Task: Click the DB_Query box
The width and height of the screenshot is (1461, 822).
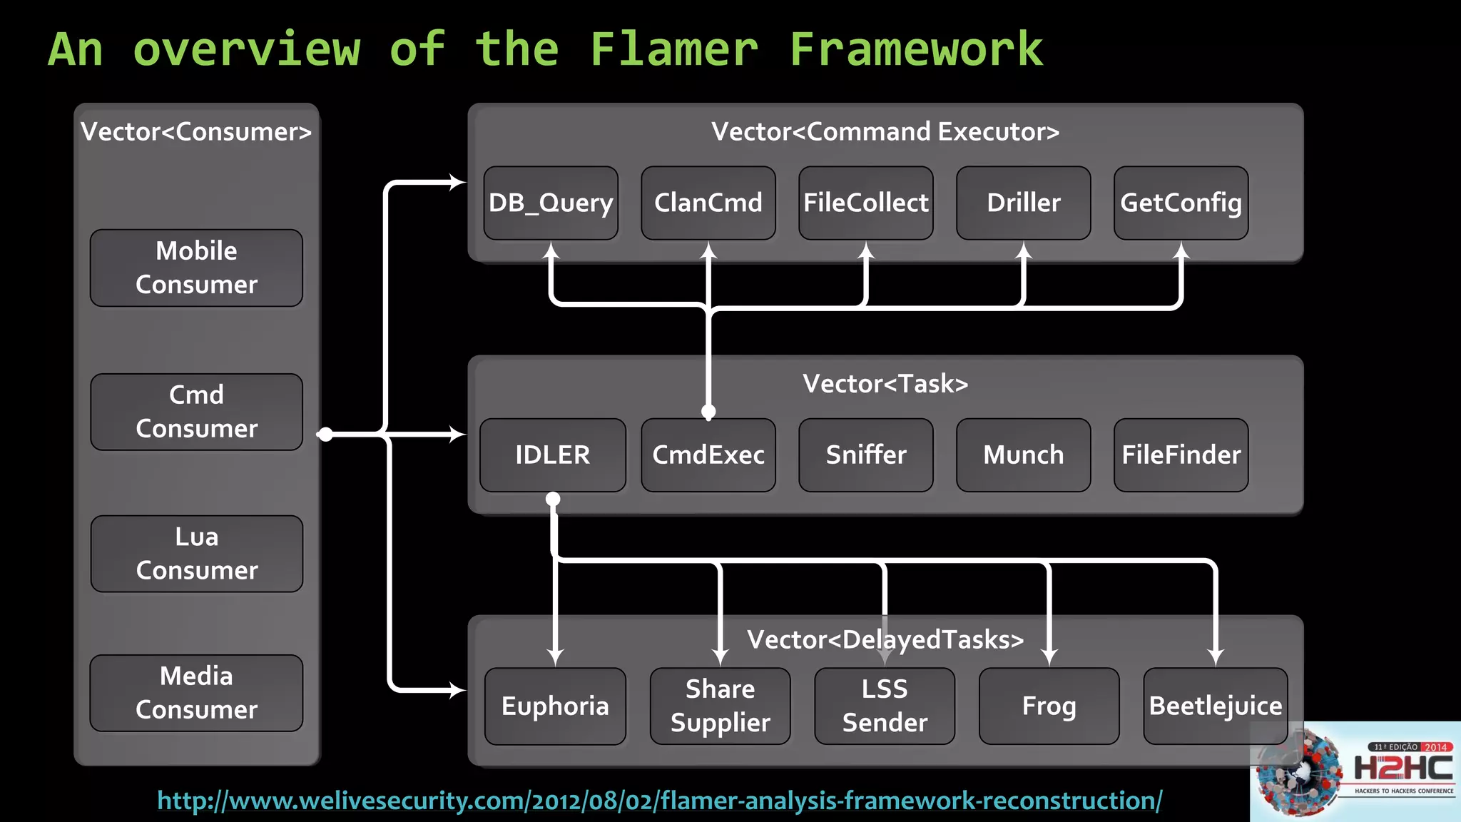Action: click(x=550, y=203)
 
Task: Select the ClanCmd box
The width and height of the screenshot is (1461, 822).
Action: click(x=708, y=203)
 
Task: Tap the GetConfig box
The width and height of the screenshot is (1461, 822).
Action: click(x=1181, y=203)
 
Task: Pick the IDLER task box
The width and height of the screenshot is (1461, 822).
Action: click(x=552, y=455)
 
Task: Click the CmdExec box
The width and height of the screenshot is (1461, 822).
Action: click(x=708, y=455)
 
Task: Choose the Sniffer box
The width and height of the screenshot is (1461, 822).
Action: click(x=865, y=455)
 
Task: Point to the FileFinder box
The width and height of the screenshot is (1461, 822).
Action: click(x=1181, y=455)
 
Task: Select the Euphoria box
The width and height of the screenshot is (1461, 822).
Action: click(x=555, y=706)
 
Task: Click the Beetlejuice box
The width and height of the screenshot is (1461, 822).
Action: click(x=1215, y=706)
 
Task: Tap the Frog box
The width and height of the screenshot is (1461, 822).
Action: click(x=1049, y=706)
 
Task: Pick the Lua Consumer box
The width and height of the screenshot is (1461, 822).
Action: click(x=197, y=554)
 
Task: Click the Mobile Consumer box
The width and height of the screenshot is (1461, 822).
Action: click(x=196, y=268)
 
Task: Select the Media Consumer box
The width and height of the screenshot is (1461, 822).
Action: click(x=196, y=693)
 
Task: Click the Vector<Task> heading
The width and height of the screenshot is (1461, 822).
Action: click(x=885, y=384)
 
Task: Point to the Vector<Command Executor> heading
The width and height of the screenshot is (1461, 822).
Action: click(x=885, y=132)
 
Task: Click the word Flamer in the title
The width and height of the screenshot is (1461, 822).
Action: click(x=673, y=50)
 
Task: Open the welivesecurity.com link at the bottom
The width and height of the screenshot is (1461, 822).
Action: click(x=659, y=801)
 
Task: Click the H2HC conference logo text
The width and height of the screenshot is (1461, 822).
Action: click(x=1403, y=768)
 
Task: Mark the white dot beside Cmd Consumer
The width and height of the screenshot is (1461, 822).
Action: click(x=325, y=435)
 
